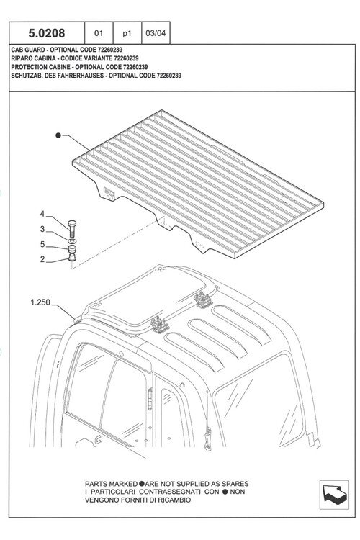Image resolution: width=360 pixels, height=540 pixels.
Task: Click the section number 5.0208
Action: coord(47,33)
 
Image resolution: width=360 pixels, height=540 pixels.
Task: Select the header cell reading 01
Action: coord(99,33)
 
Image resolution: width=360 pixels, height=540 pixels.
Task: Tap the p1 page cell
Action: coord(127,33)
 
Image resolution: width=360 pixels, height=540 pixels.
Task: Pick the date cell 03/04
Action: coord(156,33)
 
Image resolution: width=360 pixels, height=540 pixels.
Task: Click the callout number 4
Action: coord(42,214)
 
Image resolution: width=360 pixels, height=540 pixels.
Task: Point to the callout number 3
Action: coord(42,229)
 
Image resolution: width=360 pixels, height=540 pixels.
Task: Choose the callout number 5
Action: coord(42,244)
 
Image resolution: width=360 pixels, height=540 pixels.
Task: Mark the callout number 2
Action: coord(42,259)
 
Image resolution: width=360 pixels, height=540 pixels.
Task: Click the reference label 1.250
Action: coord(40,302)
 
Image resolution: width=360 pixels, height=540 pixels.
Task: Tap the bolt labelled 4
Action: coord(72,228)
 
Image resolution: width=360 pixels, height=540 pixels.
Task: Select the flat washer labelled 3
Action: coord(72,240)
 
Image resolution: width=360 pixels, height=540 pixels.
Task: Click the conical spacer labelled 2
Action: coord(72,256)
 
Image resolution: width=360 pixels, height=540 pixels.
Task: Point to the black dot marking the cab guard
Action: coord(58,135)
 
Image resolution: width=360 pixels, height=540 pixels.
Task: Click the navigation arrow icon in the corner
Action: coord(334,495)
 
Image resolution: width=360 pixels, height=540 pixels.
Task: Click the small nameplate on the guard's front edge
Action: coord(109,192)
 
